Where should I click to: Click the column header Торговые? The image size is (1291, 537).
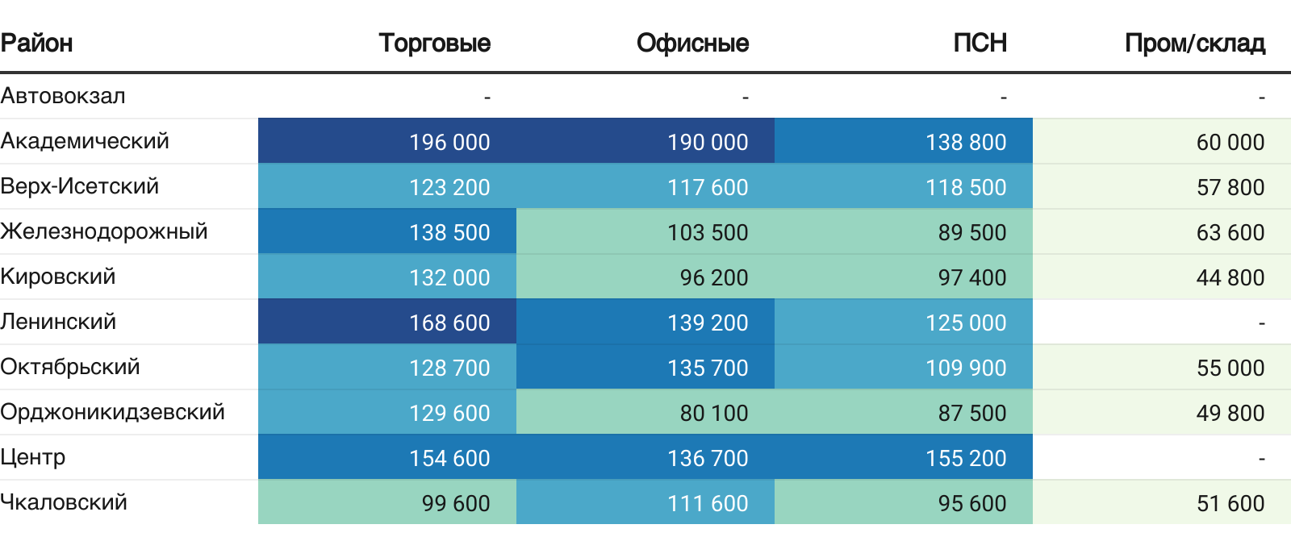pos(434,43)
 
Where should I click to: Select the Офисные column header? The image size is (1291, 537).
pos(692,43)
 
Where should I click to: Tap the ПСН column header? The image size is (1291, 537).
pos(980,43)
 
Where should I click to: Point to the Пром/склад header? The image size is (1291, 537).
pos(1194,43)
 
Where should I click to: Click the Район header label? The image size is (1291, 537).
pos(37,43)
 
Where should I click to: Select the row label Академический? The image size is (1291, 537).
pos(85,141)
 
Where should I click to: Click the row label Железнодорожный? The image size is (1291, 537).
pos(104,231)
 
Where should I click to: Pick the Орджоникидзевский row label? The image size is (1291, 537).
pos(112,412)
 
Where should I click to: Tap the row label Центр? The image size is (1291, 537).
pos(33,457)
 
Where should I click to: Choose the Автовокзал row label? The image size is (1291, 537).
pos(63,96)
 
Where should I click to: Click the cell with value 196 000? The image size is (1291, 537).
pos(449,142)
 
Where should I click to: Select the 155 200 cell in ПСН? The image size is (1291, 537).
pos(966,458)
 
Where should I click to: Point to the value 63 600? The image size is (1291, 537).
pos(1230,232)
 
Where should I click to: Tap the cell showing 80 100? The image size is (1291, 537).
pos(714,413)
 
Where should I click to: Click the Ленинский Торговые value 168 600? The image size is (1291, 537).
pos(449,323)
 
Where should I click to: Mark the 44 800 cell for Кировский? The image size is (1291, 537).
pos(1230,277)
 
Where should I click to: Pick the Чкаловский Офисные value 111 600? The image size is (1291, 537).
pos(708,503)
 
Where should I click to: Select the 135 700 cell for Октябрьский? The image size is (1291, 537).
pos(708,368)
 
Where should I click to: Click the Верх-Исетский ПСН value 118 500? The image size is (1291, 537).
pos(966,187)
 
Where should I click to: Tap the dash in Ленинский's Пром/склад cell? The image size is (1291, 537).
pos(1261,323)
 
